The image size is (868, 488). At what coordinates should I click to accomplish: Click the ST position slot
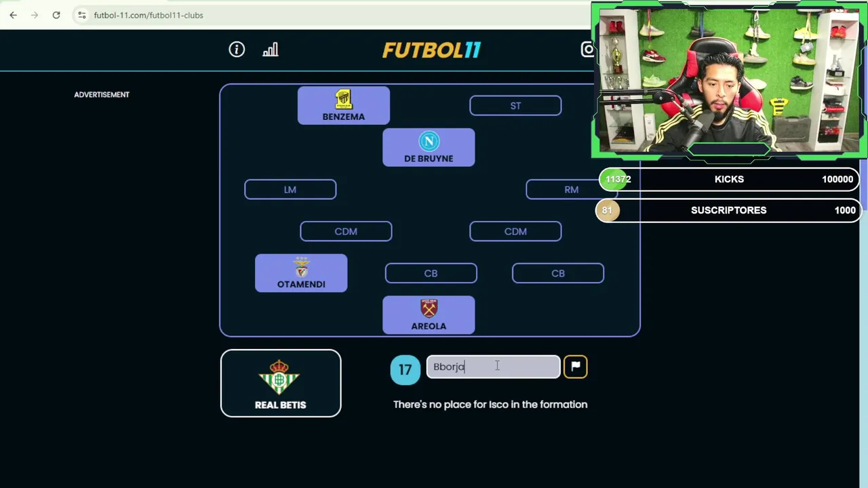515,106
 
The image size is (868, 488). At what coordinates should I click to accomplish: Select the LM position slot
290,190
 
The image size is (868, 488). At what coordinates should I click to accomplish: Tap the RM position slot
571,190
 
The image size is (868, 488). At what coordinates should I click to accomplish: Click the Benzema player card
344,106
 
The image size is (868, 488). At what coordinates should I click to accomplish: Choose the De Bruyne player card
429,148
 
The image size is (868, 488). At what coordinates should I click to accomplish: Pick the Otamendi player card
301,273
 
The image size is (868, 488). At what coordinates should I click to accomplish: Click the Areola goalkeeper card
429,315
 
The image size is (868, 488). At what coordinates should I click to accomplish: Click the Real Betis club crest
280,377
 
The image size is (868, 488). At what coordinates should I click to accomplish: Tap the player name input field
493,367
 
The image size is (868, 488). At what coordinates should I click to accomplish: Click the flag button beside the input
575,367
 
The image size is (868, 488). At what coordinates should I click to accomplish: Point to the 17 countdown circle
405,369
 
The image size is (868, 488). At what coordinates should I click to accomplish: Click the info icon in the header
237,49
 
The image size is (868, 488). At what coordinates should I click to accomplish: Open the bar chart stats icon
271,49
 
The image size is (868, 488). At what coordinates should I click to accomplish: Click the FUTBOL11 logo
431,50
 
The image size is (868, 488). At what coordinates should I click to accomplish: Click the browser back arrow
14,15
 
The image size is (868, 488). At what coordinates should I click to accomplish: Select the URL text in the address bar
149,15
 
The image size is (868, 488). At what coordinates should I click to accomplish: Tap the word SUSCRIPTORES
728,210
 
